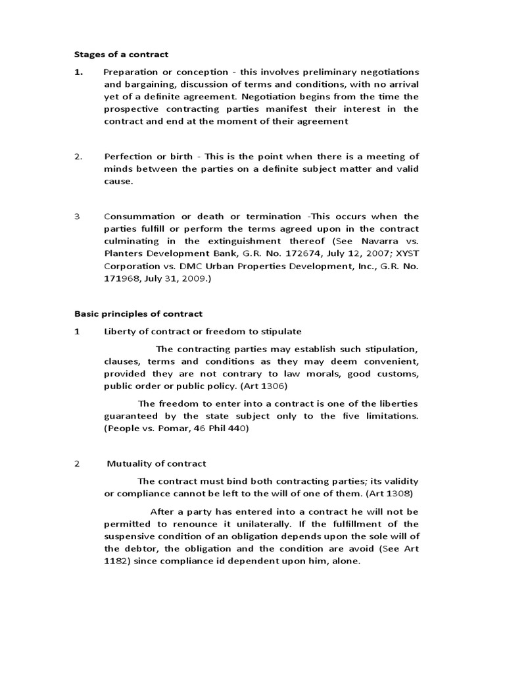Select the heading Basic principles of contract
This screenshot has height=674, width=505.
[137, 314]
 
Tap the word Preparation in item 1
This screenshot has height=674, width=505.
[130, 72]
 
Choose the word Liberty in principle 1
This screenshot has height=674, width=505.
[120, 332]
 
